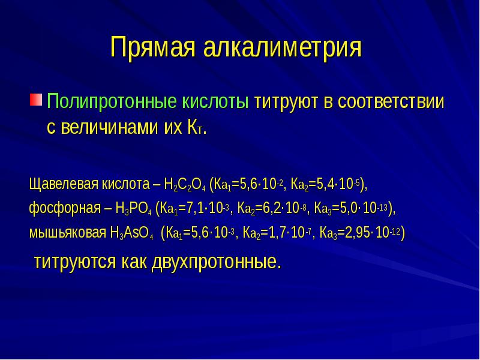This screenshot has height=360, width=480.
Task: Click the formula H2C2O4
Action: pyautogui.click(x=184, y=184)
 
